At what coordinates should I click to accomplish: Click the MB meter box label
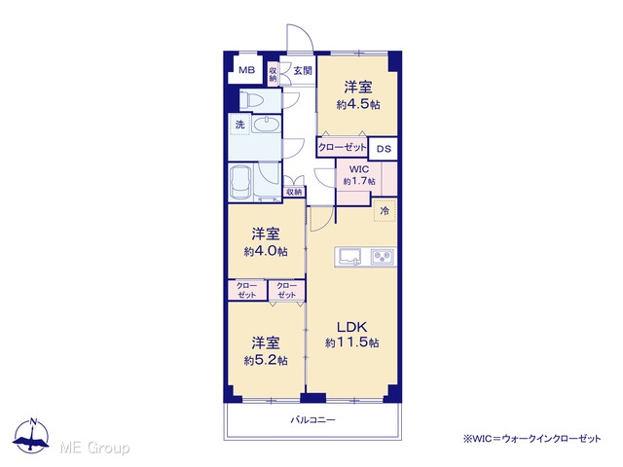pos(246,71)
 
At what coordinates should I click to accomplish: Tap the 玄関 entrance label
pos(303,71)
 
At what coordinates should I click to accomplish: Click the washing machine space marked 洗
pos(240,125)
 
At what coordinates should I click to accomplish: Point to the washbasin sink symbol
pos(266,125)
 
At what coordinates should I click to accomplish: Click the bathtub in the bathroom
pos(241,182)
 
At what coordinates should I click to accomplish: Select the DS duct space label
pos(384,149)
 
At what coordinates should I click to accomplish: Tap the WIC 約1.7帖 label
pos(359,175)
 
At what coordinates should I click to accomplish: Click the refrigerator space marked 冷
pos(385,210)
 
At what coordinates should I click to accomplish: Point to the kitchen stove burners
pos(383,257)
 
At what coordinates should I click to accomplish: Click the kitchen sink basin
pos(349,257)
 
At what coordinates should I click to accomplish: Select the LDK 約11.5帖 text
pos(352,335)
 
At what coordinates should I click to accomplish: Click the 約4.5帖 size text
pos(358,104)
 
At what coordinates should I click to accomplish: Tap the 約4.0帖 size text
pos(266,251)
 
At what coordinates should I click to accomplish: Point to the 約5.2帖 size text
pos(266,360)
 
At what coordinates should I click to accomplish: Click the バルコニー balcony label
pos(312,419)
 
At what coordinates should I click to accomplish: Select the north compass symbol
pos(31,436)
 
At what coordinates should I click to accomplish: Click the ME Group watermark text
pos(95,448)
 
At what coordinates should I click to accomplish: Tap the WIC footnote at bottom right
pos(531,439)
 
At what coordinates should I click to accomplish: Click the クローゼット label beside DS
pos(343,148)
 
